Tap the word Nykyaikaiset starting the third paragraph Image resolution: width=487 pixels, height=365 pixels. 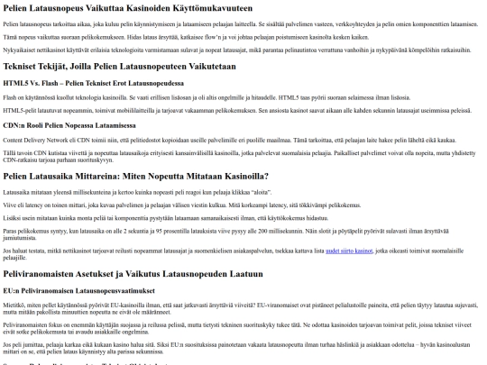click(x=21, y=52)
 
